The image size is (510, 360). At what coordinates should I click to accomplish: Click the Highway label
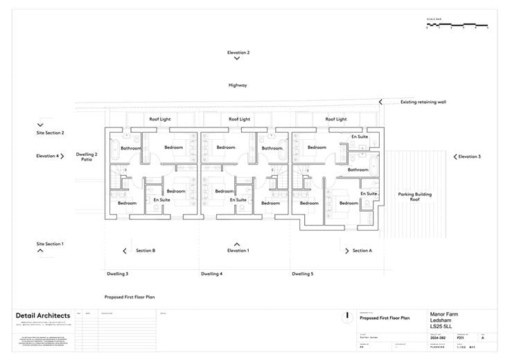tap(238, 85)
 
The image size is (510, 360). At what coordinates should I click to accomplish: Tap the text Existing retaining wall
tap(423, 102)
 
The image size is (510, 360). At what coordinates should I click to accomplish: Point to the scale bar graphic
tap(457, 26)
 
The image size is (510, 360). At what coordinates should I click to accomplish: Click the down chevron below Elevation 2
tap(238, 60)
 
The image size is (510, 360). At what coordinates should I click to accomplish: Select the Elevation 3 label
tap(469, 156)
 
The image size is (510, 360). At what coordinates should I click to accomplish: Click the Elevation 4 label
tap(48, 156)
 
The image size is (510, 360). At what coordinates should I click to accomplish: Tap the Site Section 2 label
tap(50, 132)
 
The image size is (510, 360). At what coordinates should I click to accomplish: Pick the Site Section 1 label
tap(50, 244)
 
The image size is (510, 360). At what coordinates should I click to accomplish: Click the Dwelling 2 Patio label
tap(87, 156)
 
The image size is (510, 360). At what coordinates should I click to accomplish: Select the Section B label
tap(145, 251)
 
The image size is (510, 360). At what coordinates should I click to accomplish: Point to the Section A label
tap(362, 251)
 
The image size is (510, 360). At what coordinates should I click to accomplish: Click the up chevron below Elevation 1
tap(238, 244)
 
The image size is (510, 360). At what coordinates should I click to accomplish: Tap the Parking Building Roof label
tap(414, 197)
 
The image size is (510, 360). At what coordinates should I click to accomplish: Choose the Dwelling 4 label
tap(211, 274)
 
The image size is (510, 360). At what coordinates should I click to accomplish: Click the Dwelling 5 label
tap(302, 274)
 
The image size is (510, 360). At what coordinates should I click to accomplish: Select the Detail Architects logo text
tap(43, 316)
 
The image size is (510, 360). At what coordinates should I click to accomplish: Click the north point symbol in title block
tap(346, 316)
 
